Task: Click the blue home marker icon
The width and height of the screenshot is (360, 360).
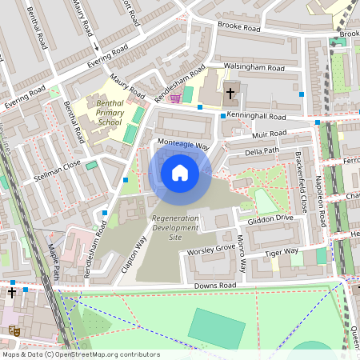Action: click(x=180, y=172)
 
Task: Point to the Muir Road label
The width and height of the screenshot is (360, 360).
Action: click(x=266, y=134)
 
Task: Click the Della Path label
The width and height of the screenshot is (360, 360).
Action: click(x=262, y=150)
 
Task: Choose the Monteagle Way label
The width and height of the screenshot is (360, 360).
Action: click(x=182, y=145)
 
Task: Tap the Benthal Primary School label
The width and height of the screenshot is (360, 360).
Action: click(x=110, y=113)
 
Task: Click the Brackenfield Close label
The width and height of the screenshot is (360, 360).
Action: click(x=302, y=183)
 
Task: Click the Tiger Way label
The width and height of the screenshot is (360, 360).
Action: click(x=281, y=253)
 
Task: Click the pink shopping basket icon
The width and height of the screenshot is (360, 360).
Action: click(x=174, y=98)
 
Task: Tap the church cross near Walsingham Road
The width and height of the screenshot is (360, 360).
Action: click(x=230, y=93)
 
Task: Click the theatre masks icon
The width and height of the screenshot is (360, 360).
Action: click(x=13, y=329)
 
